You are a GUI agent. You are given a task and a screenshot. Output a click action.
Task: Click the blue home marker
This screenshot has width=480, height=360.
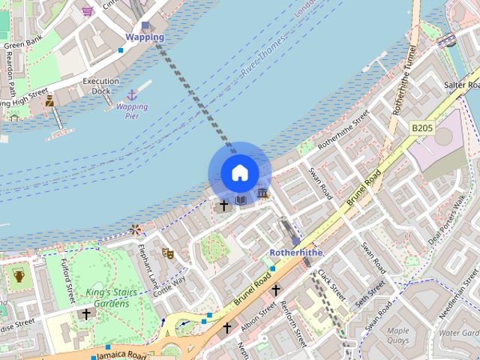pos(239,173)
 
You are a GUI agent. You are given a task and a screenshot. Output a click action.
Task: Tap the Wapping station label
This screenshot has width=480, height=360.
pos(144,37)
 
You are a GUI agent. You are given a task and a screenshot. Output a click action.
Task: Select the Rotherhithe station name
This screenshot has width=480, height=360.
pos(295,253)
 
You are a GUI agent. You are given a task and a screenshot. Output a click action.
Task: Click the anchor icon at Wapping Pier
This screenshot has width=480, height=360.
pos(132,95)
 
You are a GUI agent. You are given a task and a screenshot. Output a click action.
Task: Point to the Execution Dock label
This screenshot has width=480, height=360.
pos(100,85)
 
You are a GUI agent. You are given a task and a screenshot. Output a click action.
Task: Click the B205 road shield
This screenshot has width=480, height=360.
pos(422,129)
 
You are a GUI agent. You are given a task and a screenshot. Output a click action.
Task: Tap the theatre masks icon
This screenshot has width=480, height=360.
pos(168,253)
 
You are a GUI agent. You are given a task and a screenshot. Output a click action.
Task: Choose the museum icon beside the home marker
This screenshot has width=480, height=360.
pos(262,193)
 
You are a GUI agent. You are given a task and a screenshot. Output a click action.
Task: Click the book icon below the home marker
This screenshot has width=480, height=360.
pos(241,199)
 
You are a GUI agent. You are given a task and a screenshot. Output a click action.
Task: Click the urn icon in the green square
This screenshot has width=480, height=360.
pos(19,276)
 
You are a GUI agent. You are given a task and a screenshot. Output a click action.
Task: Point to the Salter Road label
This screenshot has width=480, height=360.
pos(460,85)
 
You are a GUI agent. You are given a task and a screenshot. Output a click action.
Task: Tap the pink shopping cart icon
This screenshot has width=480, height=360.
pos(88,10)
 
